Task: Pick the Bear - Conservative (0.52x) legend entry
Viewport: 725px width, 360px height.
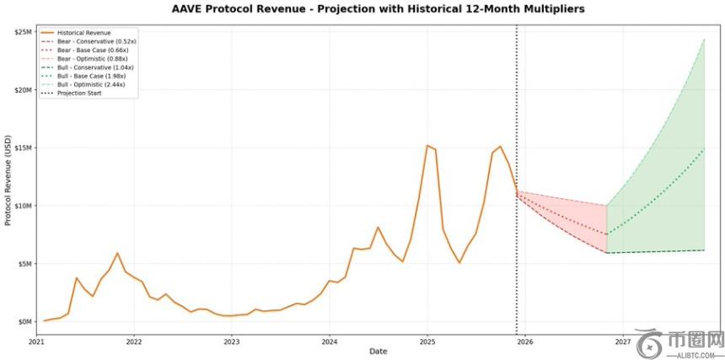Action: pos(94,40)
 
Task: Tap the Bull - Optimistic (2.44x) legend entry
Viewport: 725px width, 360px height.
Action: pos(91,85)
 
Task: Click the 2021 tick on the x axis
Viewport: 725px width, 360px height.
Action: pos(36,342)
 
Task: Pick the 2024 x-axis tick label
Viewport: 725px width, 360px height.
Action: pos(330,342)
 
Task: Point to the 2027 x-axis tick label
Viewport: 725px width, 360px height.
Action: pos(623,342)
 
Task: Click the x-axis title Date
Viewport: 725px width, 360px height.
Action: pos(378,352)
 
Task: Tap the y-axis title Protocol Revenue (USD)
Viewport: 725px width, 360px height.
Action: pos(8,180)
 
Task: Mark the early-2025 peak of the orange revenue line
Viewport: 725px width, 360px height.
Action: pos(427,146)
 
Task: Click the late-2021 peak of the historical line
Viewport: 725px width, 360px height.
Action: pos(117,253)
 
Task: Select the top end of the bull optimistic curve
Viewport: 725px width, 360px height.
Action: pos(704,39)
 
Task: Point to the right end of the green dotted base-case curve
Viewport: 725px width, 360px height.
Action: pos(704,149)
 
